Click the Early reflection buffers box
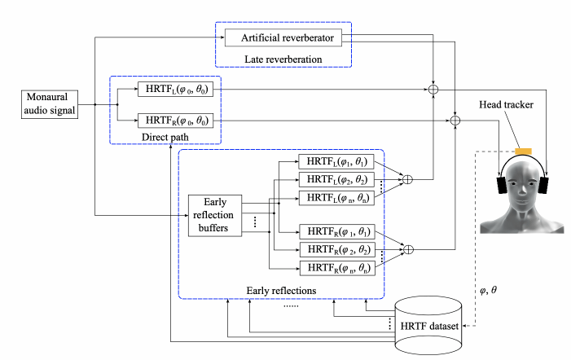click(x=215, y=215)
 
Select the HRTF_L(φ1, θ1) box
click(x=333, y=162)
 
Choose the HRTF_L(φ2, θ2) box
click(x=333, y=179)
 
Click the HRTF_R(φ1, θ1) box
click(x=333, y=232)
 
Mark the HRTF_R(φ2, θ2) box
click(x=333, y=249)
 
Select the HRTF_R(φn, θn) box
click(x=333, y=267)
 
